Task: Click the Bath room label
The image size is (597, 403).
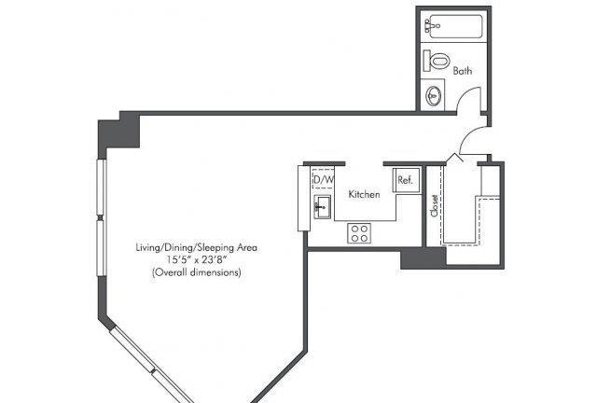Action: coord(463,71)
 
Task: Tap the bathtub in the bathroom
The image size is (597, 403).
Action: coord(454,26)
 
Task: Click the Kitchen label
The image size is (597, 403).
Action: coord(365,194)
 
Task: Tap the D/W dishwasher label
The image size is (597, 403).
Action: coord(323,179)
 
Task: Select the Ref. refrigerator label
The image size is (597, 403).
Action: coord(405,179)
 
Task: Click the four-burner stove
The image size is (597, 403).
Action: coord(359,233)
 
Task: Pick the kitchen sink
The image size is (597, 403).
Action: coord(322,207)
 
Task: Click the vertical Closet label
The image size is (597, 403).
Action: coord(434,206)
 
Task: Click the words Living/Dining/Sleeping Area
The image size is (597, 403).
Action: coord(197,247)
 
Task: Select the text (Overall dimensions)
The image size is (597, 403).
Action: coord(197,272)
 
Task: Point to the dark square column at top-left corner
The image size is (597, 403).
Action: coord(118,131)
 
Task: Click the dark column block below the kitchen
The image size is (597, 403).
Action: coord(423,258)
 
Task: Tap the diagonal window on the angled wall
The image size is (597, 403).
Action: coord(151,368)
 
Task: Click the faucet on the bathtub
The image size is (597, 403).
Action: coord(432,25)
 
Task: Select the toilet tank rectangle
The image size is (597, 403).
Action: coord(427,61)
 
